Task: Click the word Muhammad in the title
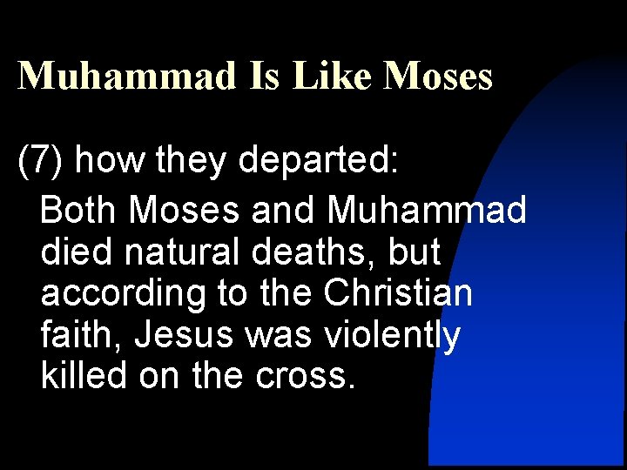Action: pyautogui.click(x=127, y=76)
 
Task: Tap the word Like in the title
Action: pyautogui.click(x=334, y=76)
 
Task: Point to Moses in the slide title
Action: pyautogui.click(x=438, y=76)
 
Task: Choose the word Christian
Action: pyautogui.click(x=397, y=293)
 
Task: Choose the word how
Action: pyautogui.click(x=104, y=161)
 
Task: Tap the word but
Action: pyautogui.click(x=415, y=252)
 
